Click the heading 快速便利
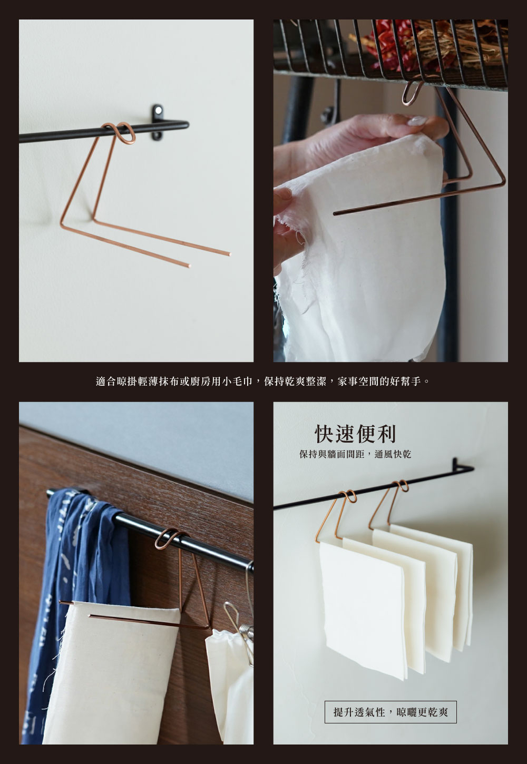(355, 434)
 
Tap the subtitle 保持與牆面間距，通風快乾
(355, 454)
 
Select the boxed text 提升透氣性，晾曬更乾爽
(391, 712)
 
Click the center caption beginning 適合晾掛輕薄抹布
(263, 380)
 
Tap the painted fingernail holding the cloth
(418, 121)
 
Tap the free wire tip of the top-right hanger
(336, 213)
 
